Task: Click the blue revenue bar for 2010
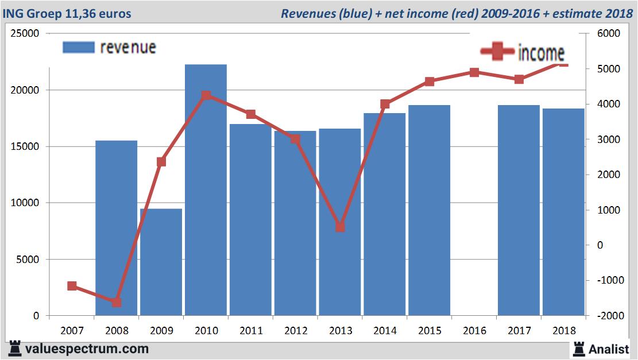(x=206, y=189)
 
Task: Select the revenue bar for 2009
(x=161, y=262)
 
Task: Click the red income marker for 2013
(x=340, y=227)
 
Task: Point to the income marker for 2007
(x=72, y=286)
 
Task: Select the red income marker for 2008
(x=117, y=302)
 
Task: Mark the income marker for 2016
(x=474, y=72)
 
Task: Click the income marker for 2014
(x=385, y=104)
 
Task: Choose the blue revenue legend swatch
(x=78, y=48)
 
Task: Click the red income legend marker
(x=497, y=52)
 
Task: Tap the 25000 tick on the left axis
(x=26, y=34)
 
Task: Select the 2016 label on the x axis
(x=474, y=331)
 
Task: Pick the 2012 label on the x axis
(x=295, y=331)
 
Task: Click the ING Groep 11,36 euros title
(x=67, y=13)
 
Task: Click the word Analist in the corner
(x=609, y=349)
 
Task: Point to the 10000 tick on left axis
(x=26, y=203)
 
